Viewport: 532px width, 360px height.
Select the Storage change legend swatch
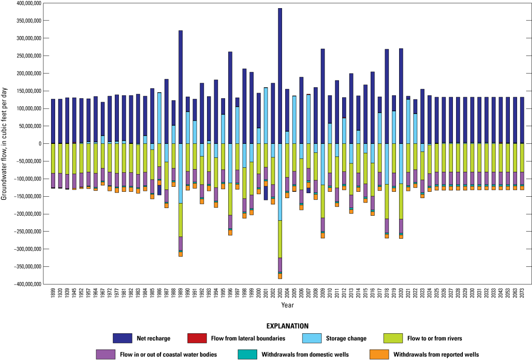point(311,338)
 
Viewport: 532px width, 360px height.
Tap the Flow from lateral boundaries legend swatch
point(196,338)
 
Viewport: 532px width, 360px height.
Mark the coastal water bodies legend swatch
point(104,355)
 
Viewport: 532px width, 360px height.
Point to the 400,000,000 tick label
point(26,3)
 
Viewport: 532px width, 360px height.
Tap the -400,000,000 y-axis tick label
point(25,284)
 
